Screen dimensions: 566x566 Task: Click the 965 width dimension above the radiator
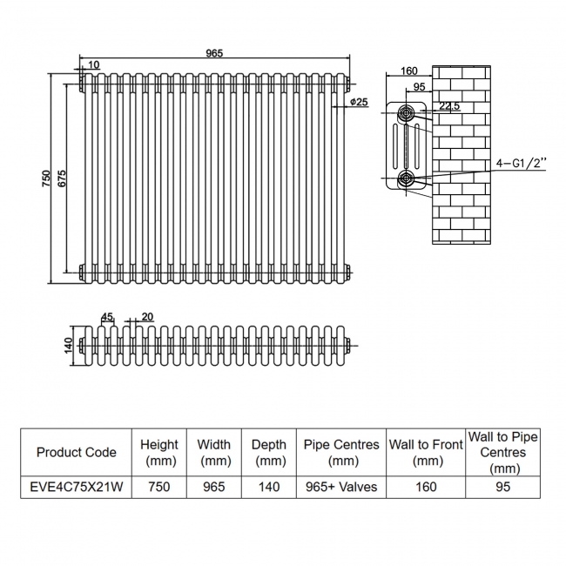214,53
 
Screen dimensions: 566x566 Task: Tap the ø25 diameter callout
359,102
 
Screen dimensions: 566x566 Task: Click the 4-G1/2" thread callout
521,163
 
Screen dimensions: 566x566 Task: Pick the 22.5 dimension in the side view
449,106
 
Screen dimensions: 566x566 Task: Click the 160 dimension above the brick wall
411,71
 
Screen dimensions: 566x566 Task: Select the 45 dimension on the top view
108,316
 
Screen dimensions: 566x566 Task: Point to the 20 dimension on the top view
147,316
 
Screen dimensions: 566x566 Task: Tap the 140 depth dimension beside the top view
65,346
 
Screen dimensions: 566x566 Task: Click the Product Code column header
77,452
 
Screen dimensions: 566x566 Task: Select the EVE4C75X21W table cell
77,487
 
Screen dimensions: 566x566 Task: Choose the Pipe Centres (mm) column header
341,452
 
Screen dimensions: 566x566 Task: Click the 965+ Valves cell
341,487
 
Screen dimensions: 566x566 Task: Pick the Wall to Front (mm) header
426,452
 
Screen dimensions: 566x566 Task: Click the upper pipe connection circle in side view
407,113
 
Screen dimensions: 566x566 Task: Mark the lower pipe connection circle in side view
407,179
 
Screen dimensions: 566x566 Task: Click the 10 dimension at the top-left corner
93,64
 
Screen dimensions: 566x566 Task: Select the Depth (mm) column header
269,452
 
